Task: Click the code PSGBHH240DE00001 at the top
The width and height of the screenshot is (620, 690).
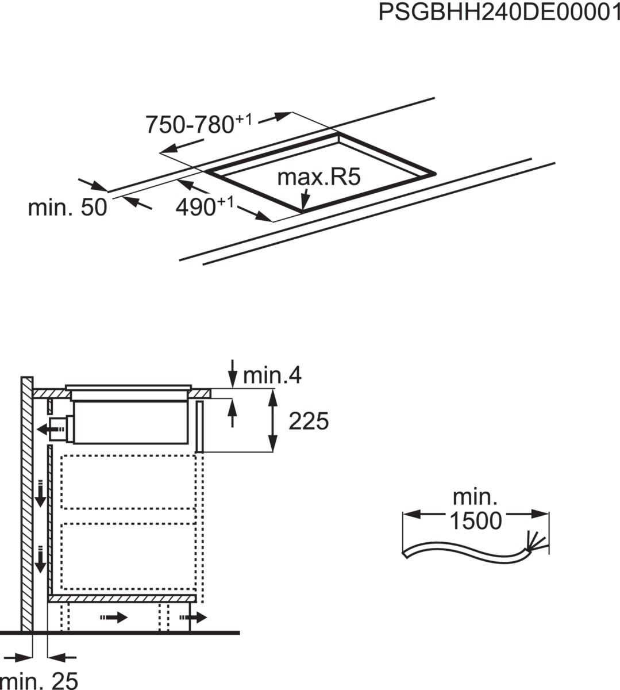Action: click(x=498, y=12)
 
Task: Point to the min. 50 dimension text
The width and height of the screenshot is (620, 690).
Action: click(x=67, y=207)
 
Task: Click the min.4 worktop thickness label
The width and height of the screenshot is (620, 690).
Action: click(x=272, y=375)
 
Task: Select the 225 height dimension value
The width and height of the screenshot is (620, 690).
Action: click(x=308, y=421)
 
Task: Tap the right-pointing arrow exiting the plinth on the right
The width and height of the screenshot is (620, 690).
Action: click(x=193, y=618)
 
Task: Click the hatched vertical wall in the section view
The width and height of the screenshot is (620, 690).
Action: click(x=27, y=503)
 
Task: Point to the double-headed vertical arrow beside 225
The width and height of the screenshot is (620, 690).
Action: click(x=272, y=420)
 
